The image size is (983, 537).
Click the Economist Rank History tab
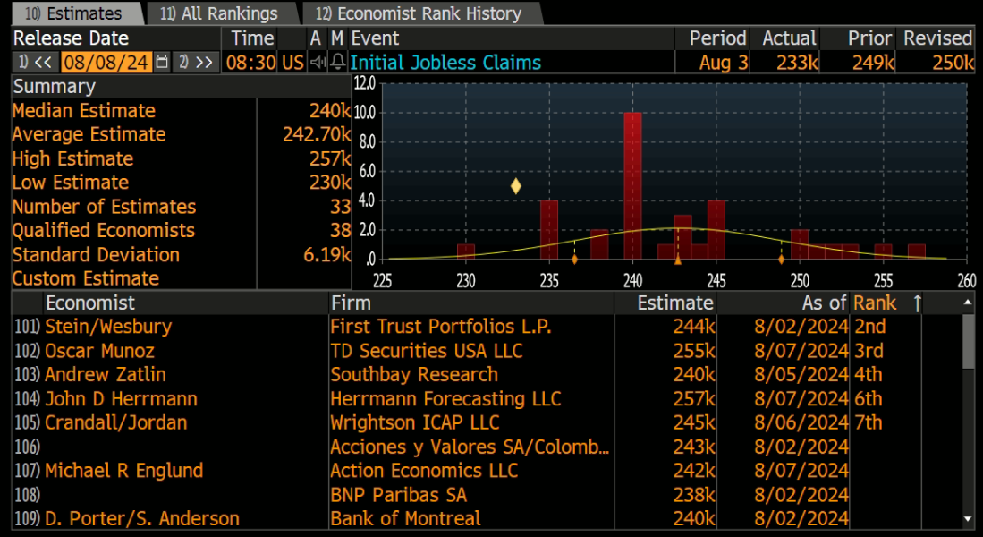(419, 13)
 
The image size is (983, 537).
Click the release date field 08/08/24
(106, 63)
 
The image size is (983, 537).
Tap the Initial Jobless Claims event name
(445, 63)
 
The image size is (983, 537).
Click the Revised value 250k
(953, 63)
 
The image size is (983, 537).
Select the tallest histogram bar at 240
(632, 185)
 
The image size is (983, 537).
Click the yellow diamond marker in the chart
(515, 185)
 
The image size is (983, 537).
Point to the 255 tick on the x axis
(884, 280)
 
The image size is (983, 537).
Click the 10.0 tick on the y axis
(364, 113)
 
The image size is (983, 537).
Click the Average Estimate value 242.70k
(317, 134)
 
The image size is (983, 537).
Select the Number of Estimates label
(104, 207)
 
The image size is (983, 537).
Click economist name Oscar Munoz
(99, 351)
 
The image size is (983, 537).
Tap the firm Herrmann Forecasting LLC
(445, 399)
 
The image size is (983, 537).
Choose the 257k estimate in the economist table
(694, 399)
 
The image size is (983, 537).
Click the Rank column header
(875, 303)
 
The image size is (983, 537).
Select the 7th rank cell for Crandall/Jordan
(869, 422)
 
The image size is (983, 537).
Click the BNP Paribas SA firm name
(399, 495)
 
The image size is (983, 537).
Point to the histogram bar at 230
(466, 251)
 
